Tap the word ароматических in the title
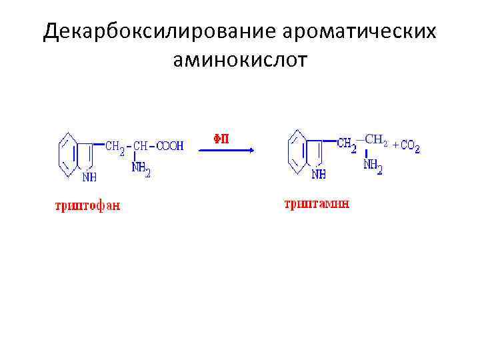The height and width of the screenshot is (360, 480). [360, 32]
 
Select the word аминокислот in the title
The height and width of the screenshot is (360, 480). [240, 61]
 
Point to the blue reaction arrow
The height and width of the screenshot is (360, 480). [227, 151]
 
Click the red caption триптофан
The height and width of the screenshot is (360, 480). [88, 205]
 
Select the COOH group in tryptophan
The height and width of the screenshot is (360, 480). [169, 146]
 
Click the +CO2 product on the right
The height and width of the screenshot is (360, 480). [406, 146]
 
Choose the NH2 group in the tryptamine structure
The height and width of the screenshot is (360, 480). [373, 166]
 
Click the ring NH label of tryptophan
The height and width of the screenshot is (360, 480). [89, 178]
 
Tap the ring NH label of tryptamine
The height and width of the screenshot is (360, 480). [319, 175]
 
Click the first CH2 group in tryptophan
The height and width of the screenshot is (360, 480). [115, 147]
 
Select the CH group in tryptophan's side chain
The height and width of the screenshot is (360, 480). [140, 146]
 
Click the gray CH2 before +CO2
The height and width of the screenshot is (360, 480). [375, 140]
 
